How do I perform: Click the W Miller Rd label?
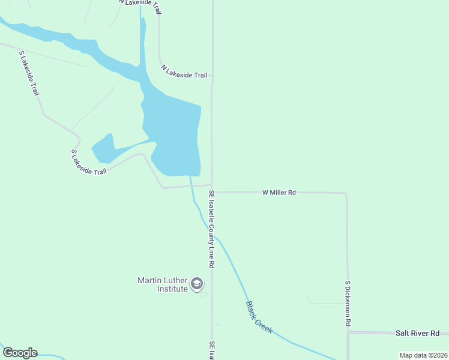click(279, 193)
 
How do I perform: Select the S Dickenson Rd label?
click(348, 303)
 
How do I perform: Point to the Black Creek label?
click(259, 317)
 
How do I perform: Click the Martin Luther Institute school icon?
click(196, 284)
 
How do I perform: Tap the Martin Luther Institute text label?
click(163, 284)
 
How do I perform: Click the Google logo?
click(20, 353)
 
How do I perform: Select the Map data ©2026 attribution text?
click(423, 355)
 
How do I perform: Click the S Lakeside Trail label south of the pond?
click(88, 163)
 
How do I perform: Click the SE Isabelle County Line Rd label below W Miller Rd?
click(212, 229)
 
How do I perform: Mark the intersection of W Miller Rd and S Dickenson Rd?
click(346, 194)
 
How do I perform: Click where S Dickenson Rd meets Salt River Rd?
click(348, 332)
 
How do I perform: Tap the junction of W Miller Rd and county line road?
click(212, 192)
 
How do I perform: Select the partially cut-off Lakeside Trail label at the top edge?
click(140, 3)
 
